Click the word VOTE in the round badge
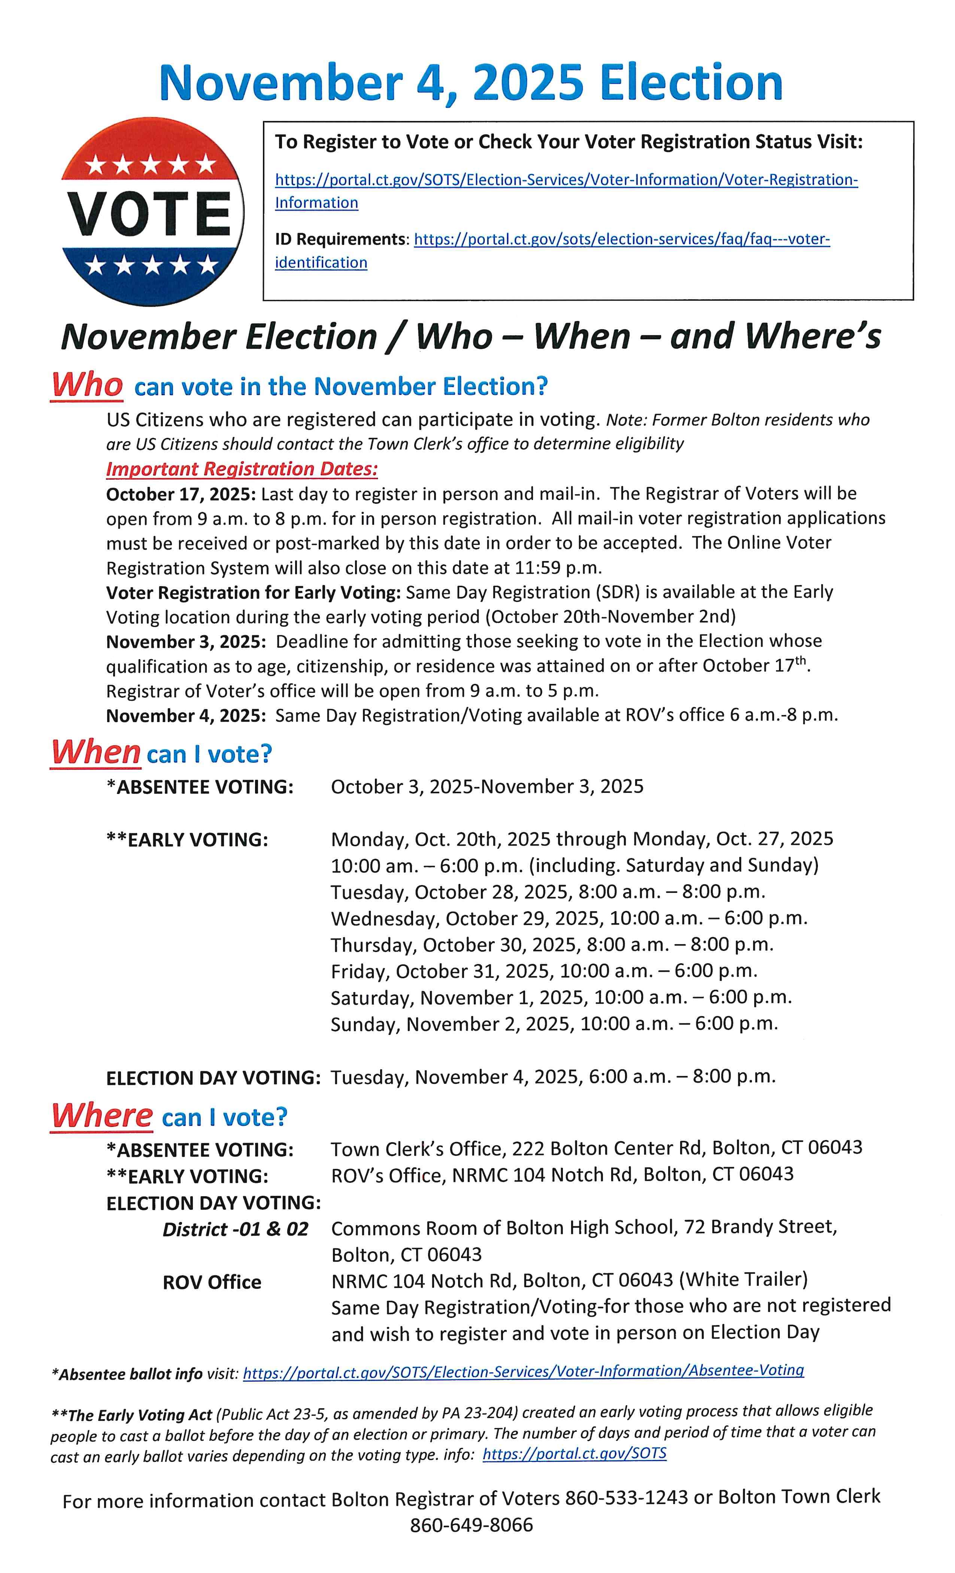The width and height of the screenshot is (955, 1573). (151, 213)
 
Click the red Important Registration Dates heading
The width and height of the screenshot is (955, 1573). (242, 469)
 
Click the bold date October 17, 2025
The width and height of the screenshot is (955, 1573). (181, 494)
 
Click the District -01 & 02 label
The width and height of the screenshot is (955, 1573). (235, 1229)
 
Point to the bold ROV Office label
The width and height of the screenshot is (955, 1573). (212, 1282)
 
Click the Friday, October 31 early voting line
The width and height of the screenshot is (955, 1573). (544, 971)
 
